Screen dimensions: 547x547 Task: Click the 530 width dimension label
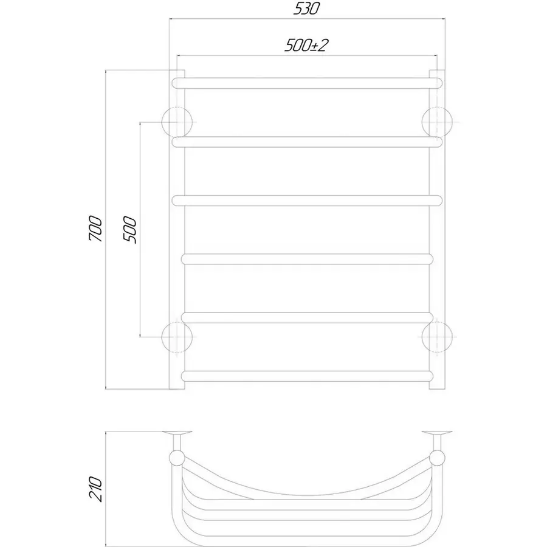[x=306, y=9]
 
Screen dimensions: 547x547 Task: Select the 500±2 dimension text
[x=307, y=46]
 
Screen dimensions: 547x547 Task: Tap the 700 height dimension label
[x=96, y=229]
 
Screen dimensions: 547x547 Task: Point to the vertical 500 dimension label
[x=129, y=230]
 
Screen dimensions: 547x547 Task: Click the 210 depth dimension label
[x=96, y=489]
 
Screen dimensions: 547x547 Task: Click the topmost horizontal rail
[x=307, y=83]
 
